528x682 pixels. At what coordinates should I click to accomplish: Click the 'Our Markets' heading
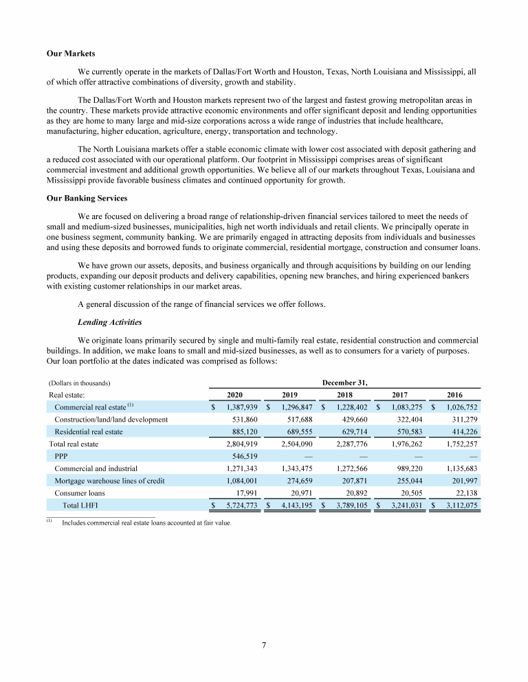[x=71, y=54]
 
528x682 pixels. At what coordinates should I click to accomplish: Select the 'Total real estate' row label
[x=76, y=444]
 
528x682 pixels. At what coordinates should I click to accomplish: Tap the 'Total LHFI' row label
[x=80, y=506]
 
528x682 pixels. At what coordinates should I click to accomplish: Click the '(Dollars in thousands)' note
[x=80, y=383]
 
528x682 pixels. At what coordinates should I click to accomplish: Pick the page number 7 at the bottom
[x=264, y=645]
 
